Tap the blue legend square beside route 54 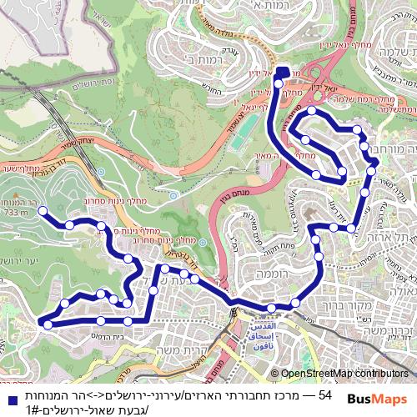click(8, 394)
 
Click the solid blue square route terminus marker click(281, 73)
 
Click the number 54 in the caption click(324, 394)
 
